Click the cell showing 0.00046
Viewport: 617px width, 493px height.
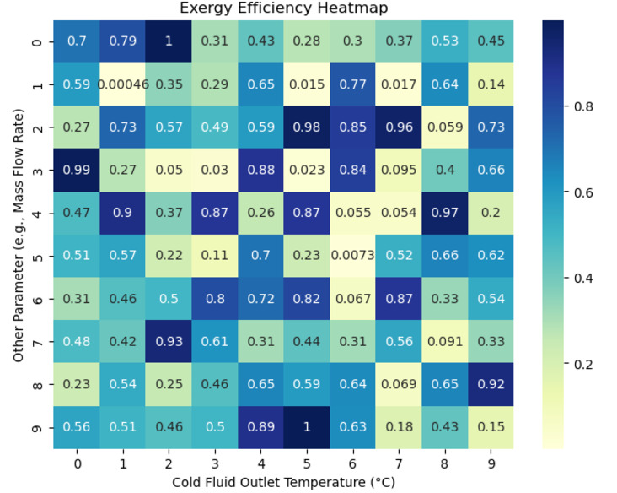coord(124,84)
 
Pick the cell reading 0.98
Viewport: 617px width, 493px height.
coord(307,127)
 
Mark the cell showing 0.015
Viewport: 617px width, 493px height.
coord(307,84)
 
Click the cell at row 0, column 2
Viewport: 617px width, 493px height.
coord(169,41)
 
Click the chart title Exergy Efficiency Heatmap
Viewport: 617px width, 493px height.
coord(284,8)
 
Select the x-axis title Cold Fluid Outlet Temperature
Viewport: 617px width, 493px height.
coord(284,482)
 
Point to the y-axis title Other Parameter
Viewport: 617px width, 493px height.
coord(19,234)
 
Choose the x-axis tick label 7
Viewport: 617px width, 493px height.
coord(398,463)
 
